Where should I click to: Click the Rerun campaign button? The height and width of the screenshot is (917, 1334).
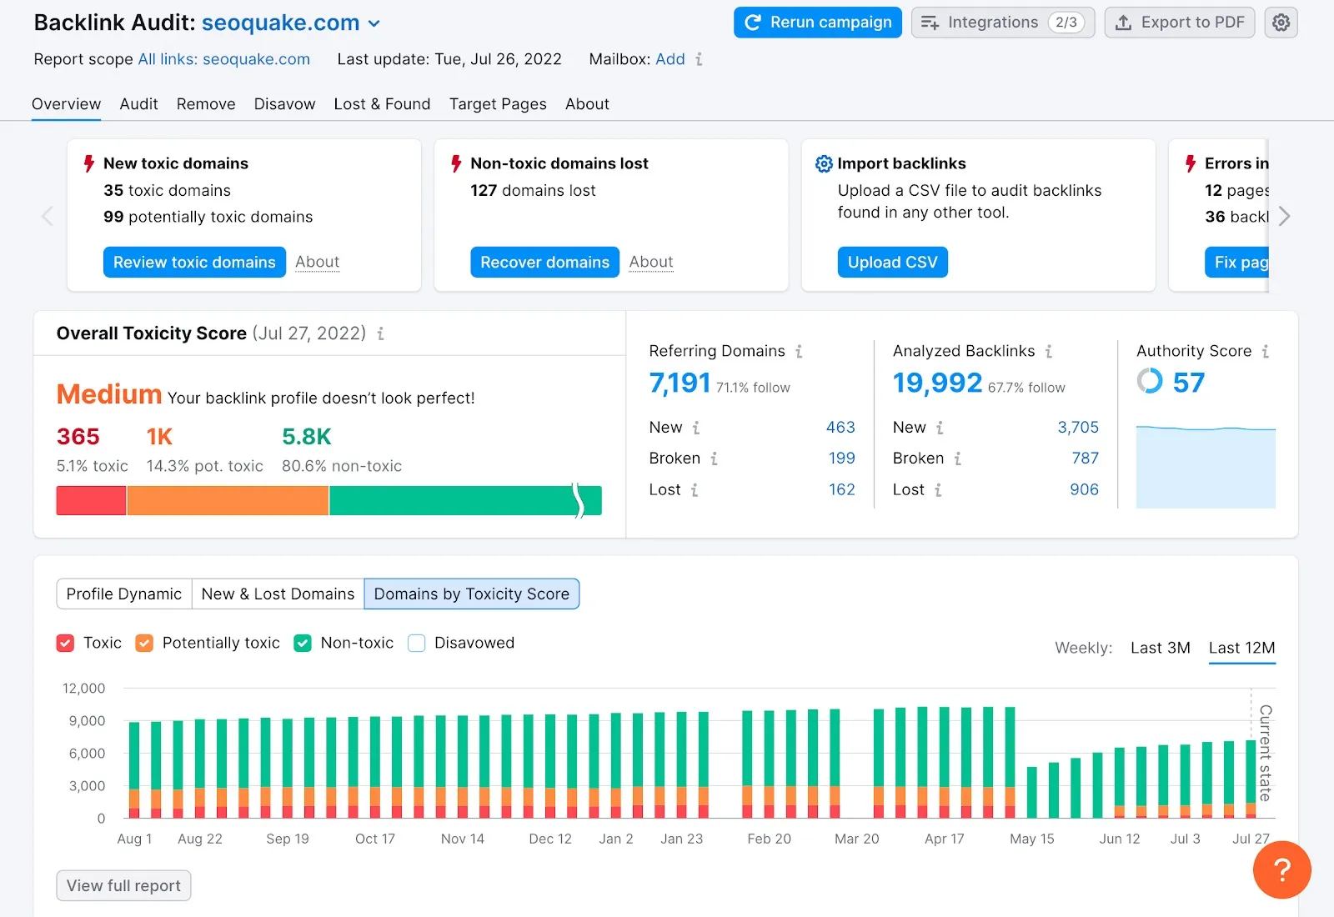817,23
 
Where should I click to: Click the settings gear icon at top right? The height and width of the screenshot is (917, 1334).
1281,23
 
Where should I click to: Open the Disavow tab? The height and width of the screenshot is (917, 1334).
284,104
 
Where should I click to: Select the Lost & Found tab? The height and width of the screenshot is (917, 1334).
382,104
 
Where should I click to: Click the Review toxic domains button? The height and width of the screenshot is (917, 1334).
194,262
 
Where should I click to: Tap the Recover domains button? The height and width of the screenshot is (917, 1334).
544,262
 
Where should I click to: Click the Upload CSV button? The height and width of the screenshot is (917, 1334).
892,262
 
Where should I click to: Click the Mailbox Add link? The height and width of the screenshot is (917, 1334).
670,59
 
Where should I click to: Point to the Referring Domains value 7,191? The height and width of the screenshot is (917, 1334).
680,383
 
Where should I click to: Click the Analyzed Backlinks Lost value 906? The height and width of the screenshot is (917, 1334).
1084,489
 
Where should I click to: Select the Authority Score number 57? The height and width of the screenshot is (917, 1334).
1188,383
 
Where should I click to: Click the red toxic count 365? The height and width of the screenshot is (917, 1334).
78,437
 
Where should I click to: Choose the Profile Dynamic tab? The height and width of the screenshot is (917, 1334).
124,594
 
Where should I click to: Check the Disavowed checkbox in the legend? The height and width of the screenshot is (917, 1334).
417,643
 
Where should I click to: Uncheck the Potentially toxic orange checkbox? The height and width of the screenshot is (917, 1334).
144,643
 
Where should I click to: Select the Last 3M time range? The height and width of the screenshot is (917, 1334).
1160,648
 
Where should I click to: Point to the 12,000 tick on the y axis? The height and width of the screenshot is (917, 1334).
84,689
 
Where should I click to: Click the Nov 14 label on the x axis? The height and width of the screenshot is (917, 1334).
462,839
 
